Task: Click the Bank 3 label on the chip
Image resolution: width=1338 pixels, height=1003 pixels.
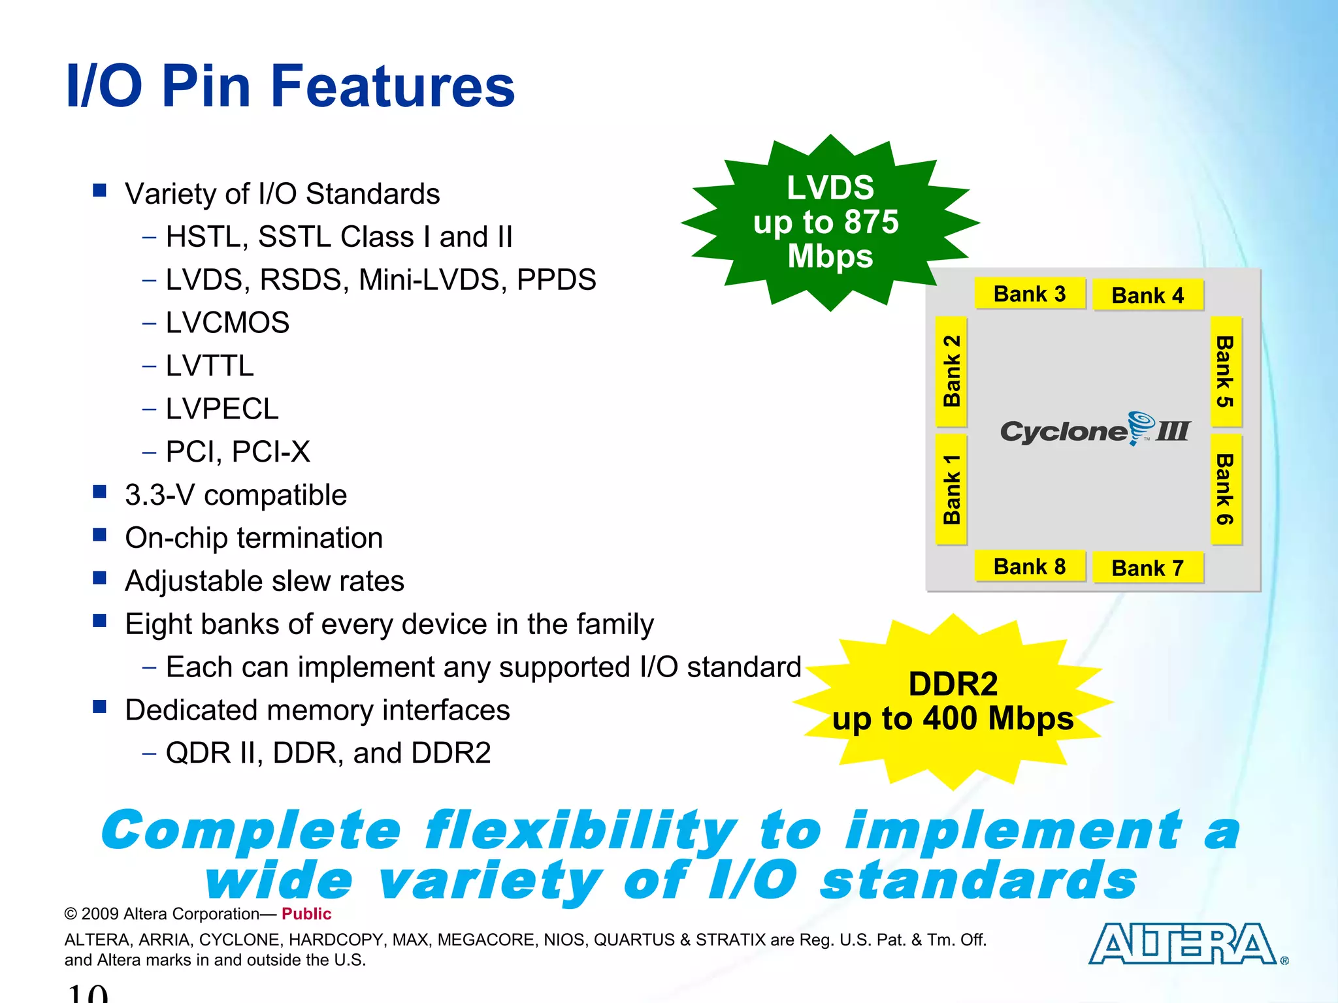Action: coord(1030,294)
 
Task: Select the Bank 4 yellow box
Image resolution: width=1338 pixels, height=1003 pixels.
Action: coord(1148,295)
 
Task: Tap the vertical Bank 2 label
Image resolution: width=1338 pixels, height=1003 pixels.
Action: coord(951,371)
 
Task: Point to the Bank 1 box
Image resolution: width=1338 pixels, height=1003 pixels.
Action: coord(951,489)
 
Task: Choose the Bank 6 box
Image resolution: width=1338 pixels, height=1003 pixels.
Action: coord(1226,489)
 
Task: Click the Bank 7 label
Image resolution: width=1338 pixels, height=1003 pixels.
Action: coord(1148,568)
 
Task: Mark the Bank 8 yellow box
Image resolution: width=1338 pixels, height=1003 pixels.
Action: coord(1030,567)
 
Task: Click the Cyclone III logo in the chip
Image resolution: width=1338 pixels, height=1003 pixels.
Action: coord(1096,430)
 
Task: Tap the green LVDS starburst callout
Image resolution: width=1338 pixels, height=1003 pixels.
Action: coord(830,222)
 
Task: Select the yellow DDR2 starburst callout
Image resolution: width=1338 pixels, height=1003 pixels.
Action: coord(953,702)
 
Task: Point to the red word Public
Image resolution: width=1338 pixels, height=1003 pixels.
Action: coord(306,914)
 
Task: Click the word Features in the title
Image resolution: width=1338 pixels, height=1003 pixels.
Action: coord(393,86)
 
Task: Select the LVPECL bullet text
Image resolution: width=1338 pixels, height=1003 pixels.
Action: coord(222,409)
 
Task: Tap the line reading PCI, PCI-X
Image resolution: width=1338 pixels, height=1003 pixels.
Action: coord(238,452)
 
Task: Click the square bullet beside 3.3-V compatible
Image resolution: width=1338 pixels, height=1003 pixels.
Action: coord(100,492)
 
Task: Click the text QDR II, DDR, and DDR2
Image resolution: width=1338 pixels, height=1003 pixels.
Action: coord(328,753)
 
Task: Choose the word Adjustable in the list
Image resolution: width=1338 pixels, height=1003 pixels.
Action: coord(193,581)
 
